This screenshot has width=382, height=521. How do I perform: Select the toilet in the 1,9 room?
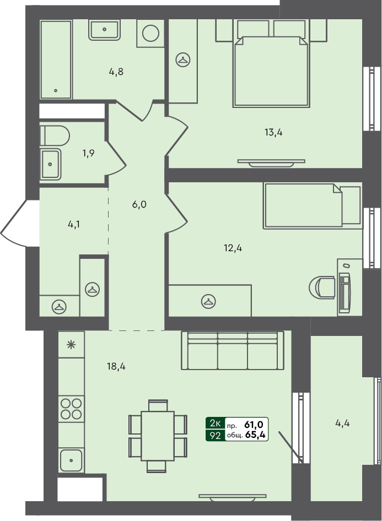(55, 135)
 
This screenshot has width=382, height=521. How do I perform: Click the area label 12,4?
(233, 248)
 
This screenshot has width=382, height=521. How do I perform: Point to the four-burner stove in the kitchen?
(71, 408)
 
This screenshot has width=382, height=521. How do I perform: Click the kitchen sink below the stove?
(71, 460)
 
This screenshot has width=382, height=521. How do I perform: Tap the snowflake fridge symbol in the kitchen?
(71, 345)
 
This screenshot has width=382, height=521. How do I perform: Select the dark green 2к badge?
(214, 424)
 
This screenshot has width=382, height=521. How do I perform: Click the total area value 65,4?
(256, 436)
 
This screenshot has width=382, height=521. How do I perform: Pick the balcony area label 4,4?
(343, 424)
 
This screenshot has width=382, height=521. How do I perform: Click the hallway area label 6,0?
(139, 204)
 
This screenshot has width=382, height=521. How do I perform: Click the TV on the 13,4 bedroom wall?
(271, 162)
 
